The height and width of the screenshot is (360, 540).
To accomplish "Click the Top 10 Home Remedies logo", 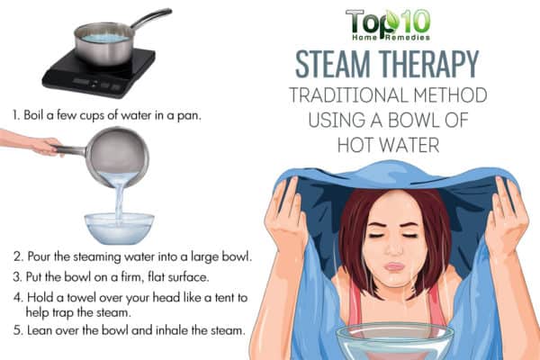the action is click(388, 25).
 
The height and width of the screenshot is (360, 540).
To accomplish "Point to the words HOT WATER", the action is click(388, 145).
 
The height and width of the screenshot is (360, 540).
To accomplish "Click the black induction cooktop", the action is click(99, 72).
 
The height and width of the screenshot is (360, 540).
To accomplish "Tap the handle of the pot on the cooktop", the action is click(151, 18).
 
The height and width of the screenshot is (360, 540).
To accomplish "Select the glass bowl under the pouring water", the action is click(119, 228).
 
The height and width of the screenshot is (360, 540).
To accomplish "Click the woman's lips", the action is click(394, 266).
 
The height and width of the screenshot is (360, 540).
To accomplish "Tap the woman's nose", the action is click(394, 248).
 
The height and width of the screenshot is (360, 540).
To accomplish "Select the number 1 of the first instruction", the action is click(15, 115).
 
